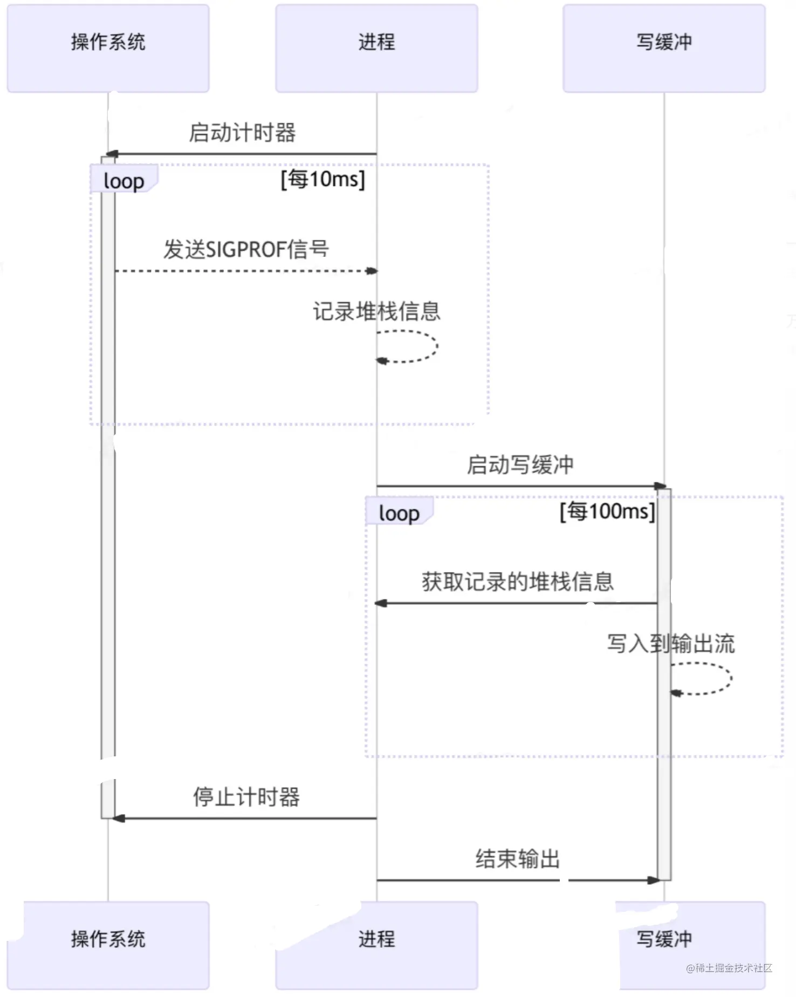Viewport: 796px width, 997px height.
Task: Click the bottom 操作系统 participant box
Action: tap(108, 945)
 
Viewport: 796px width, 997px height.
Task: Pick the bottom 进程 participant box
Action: tap(376, 945)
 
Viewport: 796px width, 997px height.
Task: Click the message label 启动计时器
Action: tap(242, 133)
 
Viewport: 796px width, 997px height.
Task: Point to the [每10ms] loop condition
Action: tap(323, 179)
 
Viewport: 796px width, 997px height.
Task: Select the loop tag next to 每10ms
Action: tap(124, 181)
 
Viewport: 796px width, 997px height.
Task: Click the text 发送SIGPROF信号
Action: tap(246, 249)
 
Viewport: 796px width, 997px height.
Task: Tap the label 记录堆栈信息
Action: tap(376, 311)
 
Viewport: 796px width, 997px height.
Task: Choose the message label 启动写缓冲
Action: tap(520, 465)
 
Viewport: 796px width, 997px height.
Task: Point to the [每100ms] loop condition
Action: tap(607, 511)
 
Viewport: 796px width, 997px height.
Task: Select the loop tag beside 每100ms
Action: tap(399, 513)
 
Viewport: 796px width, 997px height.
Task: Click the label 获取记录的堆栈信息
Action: tap(518, 582)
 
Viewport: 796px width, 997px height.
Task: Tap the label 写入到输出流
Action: tap(671, 643)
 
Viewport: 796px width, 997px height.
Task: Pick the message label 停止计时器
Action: tap(246, 797)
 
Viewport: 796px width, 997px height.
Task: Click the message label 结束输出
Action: tap(518, 859)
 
